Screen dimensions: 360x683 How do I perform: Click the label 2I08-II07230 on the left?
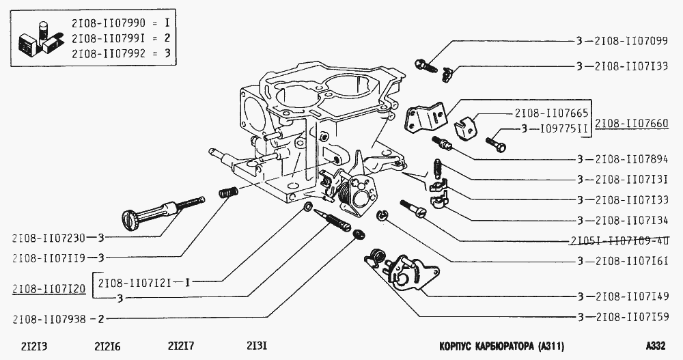[x=47, y=238]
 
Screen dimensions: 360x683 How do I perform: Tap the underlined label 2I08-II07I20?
[x=48, y=289]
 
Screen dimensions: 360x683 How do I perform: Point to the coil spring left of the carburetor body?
[x=227, y=193]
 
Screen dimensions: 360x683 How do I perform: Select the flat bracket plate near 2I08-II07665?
[x=421, y=119]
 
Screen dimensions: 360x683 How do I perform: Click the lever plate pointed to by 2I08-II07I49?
[x=410, y=272]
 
